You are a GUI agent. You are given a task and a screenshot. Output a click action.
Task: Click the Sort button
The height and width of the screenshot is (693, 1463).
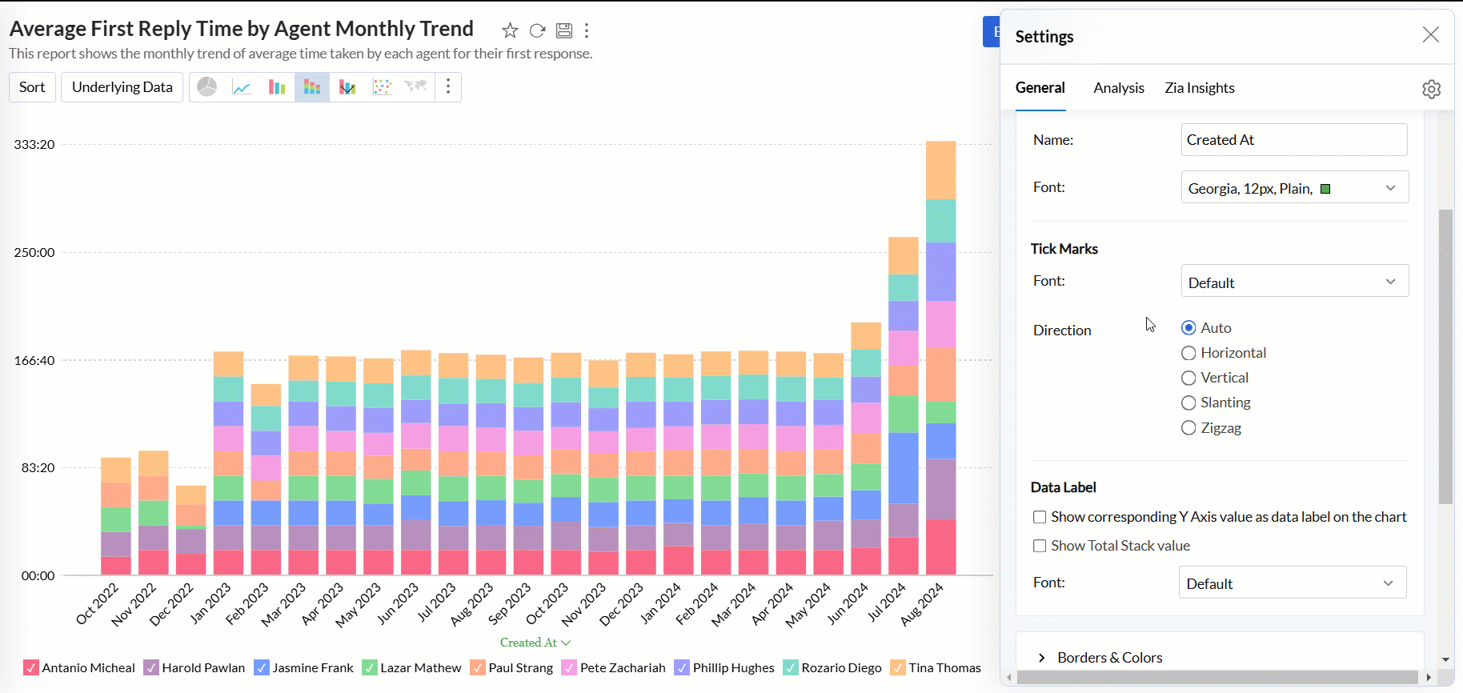point(32,87)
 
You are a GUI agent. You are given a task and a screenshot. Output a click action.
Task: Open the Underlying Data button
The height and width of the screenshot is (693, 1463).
point(122,87)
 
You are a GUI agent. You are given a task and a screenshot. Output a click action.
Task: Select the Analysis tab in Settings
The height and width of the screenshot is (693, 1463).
point(1118,88)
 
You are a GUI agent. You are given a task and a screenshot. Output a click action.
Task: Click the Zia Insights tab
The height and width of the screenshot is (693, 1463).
point(1199,88)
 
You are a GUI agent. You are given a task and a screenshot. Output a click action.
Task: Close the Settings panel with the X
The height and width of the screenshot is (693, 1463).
point(1430,34)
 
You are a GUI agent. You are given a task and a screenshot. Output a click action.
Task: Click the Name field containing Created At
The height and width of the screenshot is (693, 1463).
point(1293,140)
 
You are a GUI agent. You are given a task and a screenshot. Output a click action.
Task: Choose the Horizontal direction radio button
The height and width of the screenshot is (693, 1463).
point(1188,353)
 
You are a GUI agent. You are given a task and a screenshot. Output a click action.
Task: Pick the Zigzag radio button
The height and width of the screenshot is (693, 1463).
point(1188,428)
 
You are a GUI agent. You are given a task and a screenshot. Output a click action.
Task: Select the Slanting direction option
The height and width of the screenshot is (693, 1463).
point(1188,403)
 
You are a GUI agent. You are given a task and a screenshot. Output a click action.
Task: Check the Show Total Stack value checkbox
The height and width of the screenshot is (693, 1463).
point(1040,546)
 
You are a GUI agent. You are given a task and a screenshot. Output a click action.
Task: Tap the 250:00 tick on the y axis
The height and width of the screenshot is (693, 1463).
point(34,253)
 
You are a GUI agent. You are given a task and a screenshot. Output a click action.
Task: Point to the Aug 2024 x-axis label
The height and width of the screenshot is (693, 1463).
point(923,604)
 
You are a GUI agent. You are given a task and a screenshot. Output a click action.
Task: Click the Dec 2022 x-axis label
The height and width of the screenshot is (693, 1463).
point(172,604)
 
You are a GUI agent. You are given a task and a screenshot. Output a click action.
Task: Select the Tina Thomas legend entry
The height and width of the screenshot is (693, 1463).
point(936,667)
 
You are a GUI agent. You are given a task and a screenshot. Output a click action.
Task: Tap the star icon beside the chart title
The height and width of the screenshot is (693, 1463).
point(510,31)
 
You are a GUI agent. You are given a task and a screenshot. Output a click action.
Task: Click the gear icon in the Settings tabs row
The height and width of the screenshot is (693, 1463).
point(1431,89)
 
